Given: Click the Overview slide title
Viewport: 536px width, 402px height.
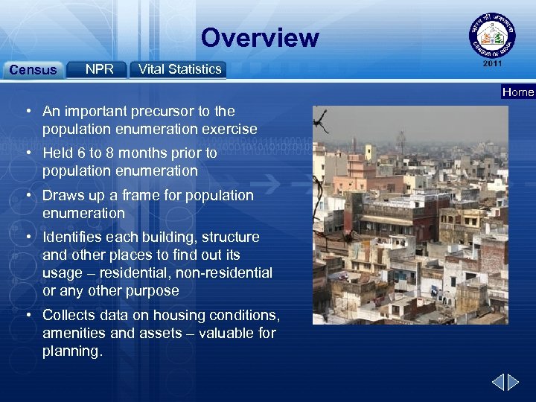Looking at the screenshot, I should pos(259,37).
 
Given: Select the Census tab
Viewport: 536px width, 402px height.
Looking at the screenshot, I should pos(32,70).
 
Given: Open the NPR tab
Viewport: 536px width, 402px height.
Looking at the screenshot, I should pos(99,69).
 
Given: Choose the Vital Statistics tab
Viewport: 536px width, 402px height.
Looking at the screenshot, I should pos(179,69).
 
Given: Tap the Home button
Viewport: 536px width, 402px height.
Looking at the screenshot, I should pos(518,92).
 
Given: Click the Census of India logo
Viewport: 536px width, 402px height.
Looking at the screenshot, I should pos(491,35).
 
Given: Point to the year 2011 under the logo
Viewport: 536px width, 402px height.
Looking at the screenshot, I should pos(491,64).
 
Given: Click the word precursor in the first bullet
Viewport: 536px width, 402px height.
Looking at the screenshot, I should pos(159,112).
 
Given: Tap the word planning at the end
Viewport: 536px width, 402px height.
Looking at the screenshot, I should pos(71,351).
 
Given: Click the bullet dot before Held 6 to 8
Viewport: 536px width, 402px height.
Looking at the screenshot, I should pos(27,153).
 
